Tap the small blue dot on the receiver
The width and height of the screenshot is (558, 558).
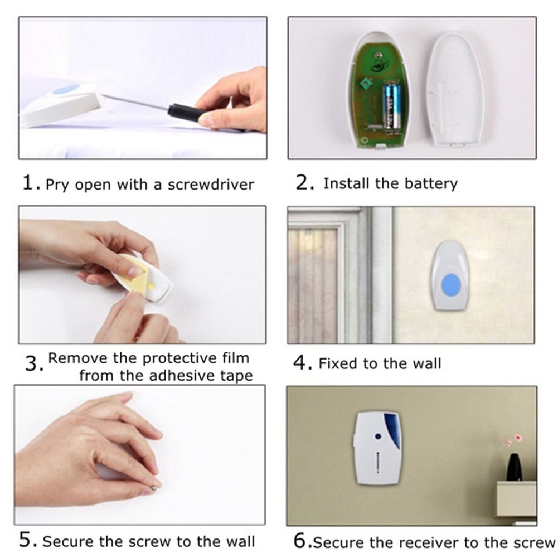click(377, 437)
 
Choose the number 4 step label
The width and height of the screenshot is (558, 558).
click(300, 363)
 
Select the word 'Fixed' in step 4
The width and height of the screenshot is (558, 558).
click(338, 364)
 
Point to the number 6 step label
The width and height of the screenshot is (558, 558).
click(300, 541)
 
